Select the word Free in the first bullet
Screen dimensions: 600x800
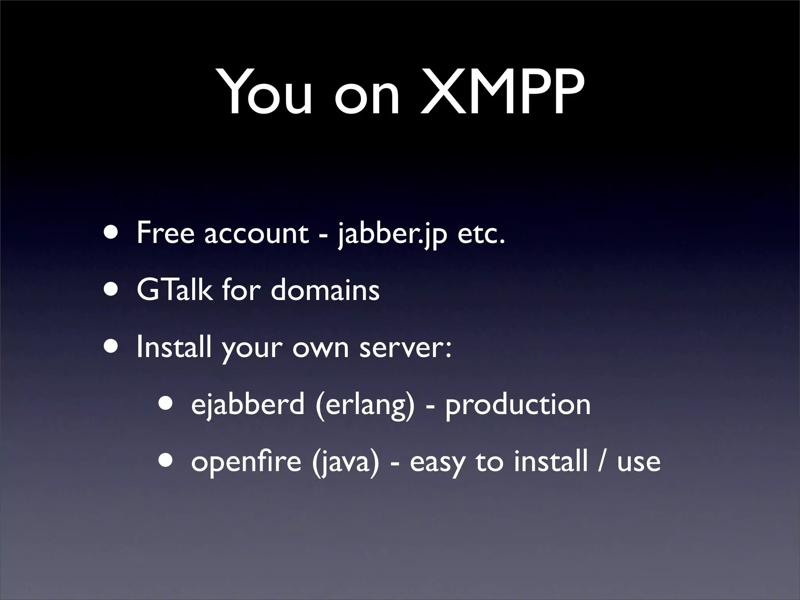click(165, 233)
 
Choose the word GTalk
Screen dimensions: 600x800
click(175, 290)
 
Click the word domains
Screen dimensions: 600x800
click(325, 290)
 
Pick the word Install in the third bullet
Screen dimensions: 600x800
click(174, 347)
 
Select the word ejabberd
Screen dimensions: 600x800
click(248, 404)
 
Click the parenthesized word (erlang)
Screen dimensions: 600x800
click(365, 405)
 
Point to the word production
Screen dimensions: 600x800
click(518, 405)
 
